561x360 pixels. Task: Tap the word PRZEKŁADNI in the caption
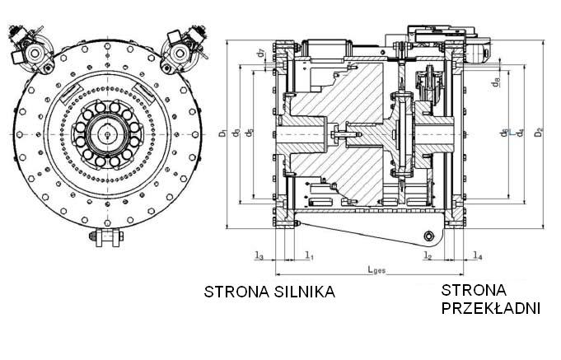490,309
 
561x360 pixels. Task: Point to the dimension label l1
309,256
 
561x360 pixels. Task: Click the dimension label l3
259,256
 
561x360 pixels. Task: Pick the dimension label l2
428,256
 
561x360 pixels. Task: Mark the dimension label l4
478,256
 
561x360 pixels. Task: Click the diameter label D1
223,133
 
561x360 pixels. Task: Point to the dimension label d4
519,132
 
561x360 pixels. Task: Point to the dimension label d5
237,133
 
